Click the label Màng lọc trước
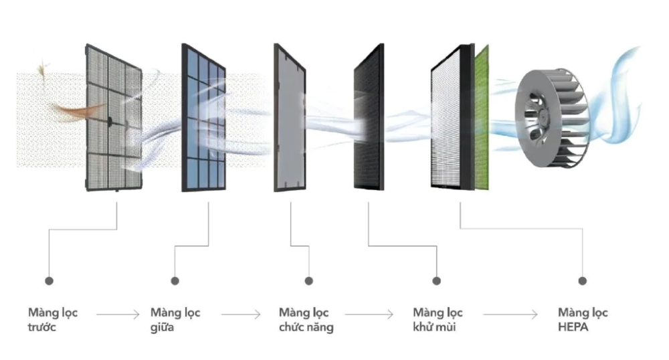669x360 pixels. (52, 320)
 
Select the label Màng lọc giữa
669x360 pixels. (175, 320)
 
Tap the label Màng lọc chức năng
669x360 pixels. (306, 320)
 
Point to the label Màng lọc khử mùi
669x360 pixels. (438, 320)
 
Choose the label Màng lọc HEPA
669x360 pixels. (583, 320)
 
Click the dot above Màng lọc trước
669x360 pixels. (49, 280)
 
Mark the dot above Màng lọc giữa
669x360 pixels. (175, 280)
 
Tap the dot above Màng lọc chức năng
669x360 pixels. (308, 280)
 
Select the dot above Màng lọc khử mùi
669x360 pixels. (437, 280)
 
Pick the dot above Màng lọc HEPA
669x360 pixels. (582, 280)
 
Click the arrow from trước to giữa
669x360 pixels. (118, 313)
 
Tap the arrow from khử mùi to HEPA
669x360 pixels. (510, 313)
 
